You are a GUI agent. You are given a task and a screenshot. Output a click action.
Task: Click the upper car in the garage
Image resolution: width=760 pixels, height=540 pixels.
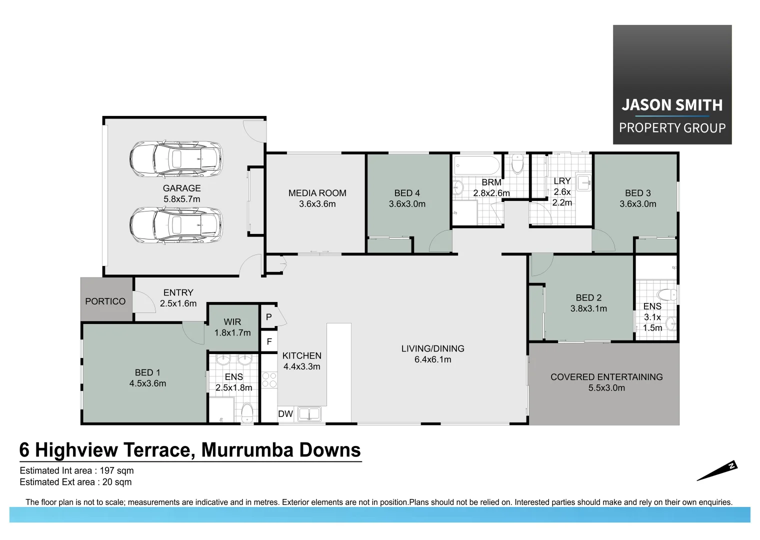click(175, 159)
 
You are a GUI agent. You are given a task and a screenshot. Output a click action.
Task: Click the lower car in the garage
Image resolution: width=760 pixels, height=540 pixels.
click(175, 225)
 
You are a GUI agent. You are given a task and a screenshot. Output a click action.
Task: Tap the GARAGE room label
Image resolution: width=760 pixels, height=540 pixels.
click(181, 188)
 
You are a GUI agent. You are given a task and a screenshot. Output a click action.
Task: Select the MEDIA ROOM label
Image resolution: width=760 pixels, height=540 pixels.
click(317, 193)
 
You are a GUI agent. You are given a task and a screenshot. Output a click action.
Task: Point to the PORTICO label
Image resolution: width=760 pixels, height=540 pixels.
click(105, 301)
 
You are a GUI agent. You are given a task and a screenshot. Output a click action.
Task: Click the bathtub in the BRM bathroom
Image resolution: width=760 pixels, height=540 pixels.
click(476, 165)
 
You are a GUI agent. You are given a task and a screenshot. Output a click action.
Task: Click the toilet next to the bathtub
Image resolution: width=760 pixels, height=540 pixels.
click(517, 163)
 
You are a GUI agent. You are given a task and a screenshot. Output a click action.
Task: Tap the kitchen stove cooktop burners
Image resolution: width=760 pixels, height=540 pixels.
click(269, 380)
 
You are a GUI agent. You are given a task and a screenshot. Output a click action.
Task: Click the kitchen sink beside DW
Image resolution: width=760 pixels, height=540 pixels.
click(309, 414)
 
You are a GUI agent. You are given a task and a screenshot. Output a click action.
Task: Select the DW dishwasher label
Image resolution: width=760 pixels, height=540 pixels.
click(285, 414)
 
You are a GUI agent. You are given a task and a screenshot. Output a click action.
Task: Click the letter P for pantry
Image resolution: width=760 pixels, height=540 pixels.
click(269, 317)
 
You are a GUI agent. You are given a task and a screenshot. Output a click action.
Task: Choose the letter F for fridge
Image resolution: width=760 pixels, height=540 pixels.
click(269, 342)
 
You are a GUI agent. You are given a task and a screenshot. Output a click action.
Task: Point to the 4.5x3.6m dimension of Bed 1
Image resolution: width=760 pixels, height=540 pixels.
click(147, 383)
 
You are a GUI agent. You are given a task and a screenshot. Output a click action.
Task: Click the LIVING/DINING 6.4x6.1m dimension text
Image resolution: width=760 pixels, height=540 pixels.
click(432, 359)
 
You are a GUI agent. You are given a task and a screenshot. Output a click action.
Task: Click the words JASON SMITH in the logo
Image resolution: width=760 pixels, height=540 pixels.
click(672, 105)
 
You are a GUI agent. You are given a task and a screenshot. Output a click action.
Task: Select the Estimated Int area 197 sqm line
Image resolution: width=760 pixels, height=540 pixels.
click(76, 470)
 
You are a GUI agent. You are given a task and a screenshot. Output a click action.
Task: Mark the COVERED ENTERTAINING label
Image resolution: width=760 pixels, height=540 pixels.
click(606, 377)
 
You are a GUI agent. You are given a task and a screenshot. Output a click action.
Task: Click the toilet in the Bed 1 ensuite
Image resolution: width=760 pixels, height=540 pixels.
click(247, 413)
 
